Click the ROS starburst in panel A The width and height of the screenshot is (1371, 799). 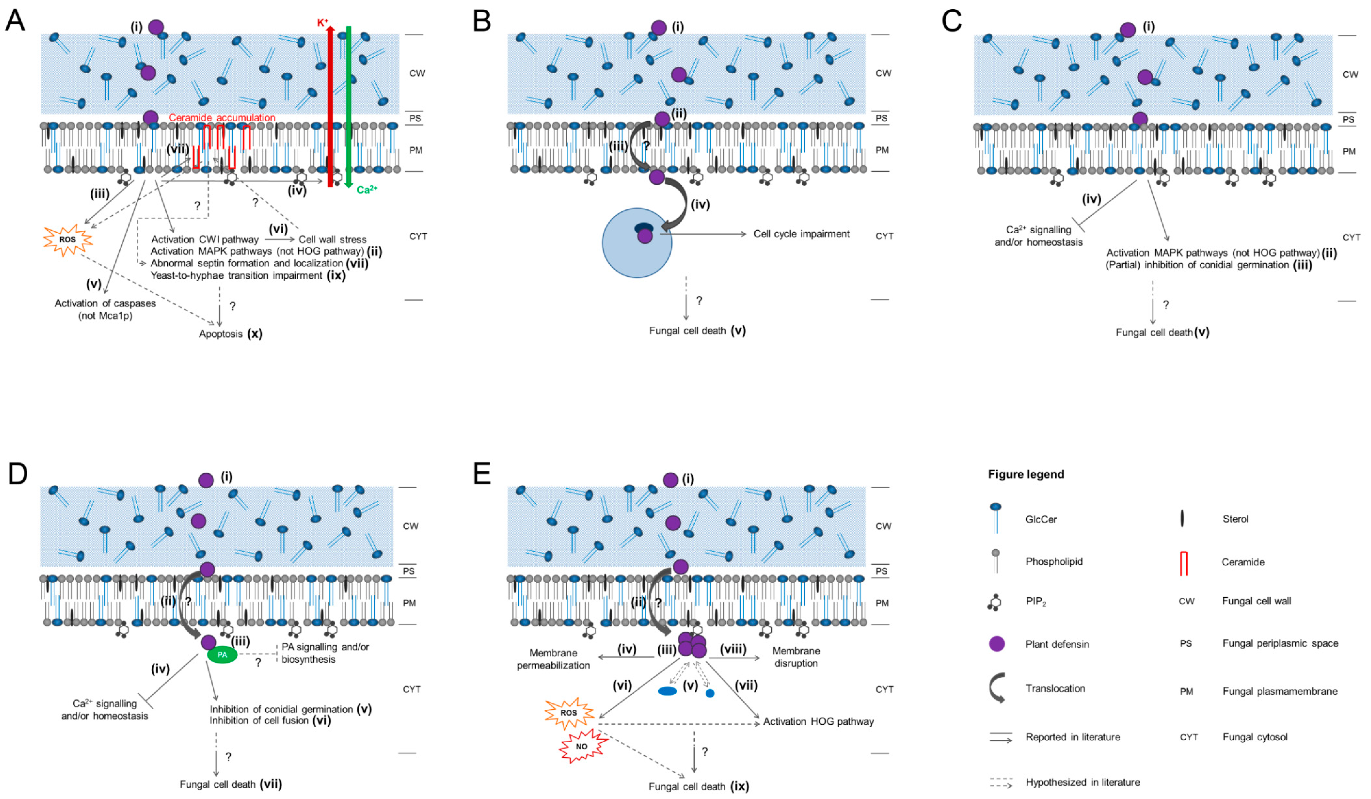pyautogui.click(x=67, y=240)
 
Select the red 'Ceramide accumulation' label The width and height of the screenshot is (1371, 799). pyautogui.click(x=222, y=117)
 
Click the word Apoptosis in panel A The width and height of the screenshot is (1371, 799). pyautogui.click(x=220, y=334)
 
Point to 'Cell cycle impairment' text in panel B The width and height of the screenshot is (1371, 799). pyautogui.click(x=801, y=234)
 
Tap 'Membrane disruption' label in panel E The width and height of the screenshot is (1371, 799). pyautogui.click(x=796, y=657)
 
